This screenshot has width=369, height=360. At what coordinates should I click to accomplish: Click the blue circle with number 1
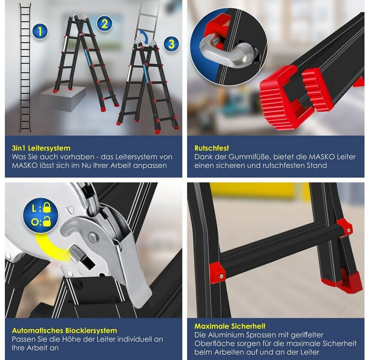click(40, 31)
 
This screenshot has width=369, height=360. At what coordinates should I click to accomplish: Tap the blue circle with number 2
click(105, 24)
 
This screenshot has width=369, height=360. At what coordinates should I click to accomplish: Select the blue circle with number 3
click(171, 44)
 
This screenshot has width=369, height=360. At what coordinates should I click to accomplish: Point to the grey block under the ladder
click(63, 99)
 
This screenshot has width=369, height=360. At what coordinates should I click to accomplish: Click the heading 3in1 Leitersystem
click(41, 148)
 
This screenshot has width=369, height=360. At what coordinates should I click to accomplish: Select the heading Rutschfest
click(212, 148)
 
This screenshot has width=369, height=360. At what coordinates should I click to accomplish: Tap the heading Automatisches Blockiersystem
click(64, 330)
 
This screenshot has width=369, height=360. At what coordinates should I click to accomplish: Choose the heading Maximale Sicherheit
click(230, 326)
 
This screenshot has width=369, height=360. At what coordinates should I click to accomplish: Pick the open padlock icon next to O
click(47, 222)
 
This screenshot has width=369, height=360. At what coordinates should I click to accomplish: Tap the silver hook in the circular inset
click(226, 53)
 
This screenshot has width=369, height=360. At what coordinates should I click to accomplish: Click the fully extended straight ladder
click(25, 68)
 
